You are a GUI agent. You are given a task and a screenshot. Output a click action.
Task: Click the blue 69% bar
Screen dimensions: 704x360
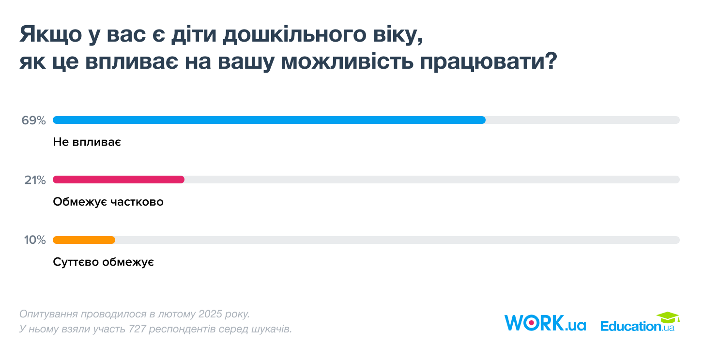pyautogui.click(x=269, y=120)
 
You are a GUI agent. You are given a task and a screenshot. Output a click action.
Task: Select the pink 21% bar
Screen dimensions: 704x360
pyautogui.click(x=119, y=180)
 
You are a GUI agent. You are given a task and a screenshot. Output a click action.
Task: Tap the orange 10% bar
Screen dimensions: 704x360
pyautogui.click(x=84, y=240)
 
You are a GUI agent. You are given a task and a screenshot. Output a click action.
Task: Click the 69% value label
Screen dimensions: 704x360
pyautogui.click(x=33, y=120)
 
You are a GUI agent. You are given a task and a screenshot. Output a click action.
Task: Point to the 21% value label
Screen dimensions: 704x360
pyautogui.click(x=35, y=180)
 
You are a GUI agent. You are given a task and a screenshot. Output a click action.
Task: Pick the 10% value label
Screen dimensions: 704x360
pyautogui.click(x=35, y=240)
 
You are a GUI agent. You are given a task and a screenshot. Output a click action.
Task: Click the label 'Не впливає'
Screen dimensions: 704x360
pyautogui.click(x=87, y=142)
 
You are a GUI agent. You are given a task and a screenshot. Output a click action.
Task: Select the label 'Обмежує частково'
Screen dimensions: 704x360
pyautogui.click(x=108, y=202)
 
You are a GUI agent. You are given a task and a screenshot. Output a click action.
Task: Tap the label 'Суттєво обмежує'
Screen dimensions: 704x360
pyautogui.click(x=104, y=262)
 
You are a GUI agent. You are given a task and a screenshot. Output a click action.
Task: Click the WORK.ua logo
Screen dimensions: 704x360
pyautogui.click(x=545, y=323)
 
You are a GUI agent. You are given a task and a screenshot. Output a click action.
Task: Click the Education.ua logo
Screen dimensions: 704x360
pyautogui.click(x=640, y=322)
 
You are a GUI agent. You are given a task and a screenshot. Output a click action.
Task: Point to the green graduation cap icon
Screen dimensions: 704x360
pyautogui.click(x=668, y=317)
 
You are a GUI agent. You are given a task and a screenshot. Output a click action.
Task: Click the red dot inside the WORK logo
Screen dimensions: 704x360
pyautogui.click(x=531, y=323)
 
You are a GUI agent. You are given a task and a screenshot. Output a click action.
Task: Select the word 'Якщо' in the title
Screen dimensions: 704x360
pyautogui.click(x=51, y=34)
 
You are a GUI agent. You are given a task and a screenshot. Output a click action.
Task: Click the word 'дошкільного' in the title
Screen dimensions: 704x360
pyautogui.click(x=294, y=34)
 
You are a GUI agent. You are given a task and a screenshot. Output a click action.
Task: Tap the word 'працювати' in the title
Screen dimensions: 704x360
pyautogui.click(x=489, y=61)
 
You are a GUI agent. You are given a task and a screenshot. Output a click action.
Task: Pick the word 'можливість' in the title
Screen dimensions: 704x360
pyautogui.click(x=347, y=61)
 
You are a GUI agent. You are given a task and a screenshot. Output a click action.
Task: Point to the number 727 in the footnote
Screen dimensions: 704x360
pyautogui.click(x=138, y=329)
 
